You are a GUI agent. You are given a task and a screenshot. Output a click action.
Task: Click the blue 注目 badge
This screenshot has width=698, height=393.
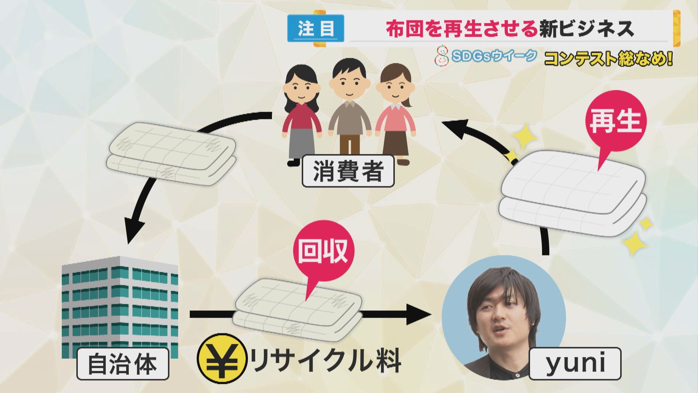point(316,28)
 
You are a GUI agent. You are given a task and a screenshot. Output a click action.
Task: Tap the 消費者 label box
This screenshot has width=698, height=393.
point(348,171)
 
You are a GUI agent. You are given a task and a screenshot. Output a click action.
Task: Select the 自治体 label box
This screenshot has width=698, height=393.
point(123,364)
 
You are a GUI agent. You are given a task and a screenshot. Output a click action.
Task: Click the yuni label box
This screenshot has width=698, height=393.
point(575,363)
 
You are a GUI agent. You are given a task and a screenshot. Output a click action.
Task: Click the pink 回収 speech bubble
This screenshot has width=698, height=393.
point(322,252)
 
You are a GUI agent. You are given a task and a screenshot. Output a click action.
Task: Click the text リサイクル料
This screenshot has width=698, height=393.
point(325,361)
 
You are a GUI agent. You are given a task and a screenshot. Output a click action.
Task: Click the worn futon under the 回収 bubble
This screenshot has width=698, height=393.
point(298,309)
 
